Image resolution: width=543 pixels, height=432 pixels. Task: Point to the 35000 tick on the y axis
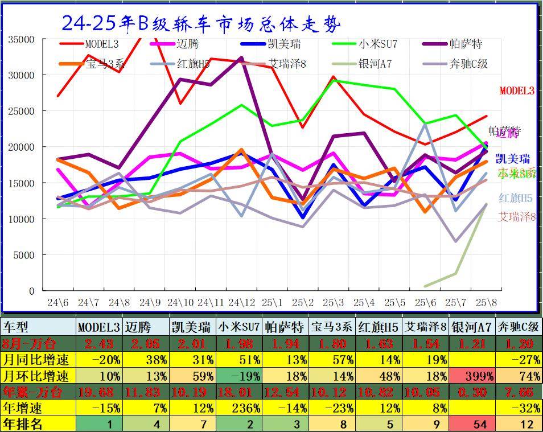click(22, 39)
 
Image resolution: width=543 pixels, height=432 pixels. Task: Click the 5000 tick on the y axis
click(24, 255)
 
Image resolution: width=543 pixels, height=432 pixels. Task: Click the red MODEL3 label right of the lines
click(517, 90)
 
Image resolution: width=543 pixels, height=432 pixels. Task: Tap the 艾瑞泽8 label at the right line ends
click(517, 216)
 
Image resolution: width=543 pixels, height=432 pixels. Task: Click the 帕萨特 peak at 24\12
click(241, 58)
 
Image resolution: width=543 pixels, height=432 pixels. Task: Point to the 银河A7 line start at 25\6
click(425, 286)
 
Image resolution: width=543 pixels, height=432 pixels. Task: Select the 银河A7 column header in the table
click(471, 327)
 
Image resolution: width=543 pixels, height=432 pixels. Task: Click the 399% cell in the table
click(471, 376)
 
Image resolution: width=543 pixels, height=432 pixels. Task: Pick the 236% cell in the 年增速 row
click(239, 408)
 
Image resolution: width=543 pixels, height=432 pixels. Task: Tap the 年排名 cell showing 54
click(471, 423)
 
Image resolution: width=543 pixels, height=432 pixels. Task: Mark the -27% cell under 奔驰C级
click(518, 360)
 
